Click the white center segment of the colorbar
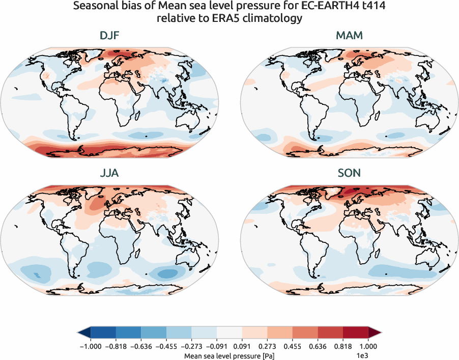(230, 333)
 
